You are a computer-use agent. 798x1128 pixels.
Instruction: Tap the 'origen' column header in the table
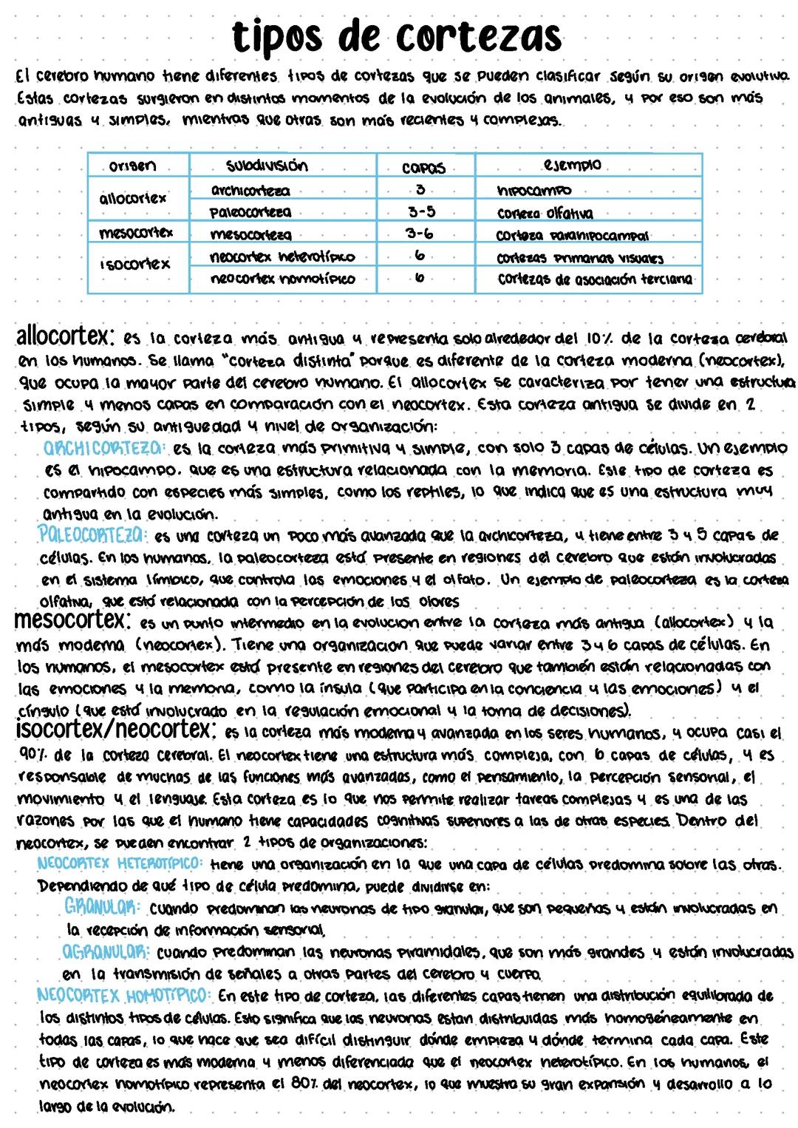coord(133,166)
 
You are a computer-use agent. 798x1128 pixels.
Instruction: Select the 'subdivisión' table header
coord(267,165)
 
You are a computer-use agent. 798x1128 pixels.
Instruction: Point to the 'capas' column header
coord(423,168)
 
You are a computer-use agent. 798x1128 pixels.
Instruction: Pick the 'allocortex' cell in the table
coord(133,198)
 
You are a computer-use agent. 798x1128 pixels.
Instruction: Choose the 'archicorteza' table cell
coord(250,191)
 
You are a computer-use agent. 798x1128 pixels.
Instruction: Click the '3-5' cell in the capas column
coord(422,212)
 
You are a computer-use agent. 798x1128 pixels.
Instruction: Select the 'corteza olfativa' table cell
coord(545,214)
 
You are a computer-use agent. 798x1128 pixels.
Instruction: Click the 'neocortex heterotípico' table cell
coord(282,257)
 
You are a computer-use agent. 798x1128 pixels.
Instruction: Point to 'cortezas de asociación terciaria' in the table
coord(595,279)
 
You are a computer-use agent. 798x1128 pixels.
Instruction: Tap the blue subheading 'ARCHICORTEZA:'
coord(105,448)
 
